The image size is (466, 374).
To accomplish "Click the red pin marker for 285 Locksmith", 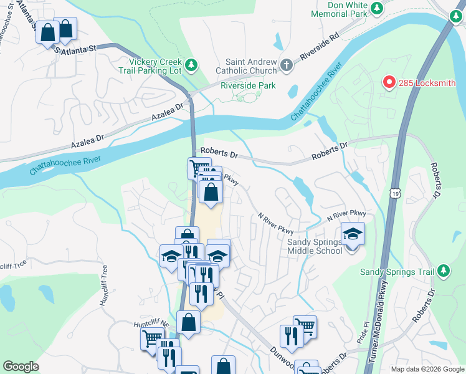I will coord(389,82).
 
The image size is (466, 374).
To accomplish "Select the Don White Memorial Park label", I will coord(338,9).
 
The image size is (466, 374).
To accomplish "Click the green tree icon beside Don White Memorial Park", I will coord(377,8).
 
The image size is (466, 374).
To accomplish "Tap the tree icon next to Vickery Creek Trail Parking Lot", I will coord(192,65).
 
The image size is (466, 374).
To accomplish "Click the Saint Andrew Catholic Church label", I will coord(251,66).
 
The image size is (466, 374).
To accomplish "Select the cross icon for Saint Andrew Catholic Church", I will coord(287,65).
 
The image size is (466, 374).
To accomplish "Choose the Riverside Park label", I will coord(247,86).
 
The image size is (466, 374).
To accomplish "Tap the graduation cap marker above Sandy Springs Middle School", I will coord(353,234).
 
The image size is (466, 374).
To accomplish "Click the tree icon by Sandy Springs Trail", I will coord(443,271).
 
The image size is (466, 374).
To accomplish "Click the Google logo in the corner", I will coord(21,367).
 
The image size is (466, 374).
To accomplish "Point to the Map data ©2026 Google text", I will coord(427,369).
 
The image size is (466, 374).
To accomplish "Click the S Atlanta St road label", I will coord(75,48).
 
